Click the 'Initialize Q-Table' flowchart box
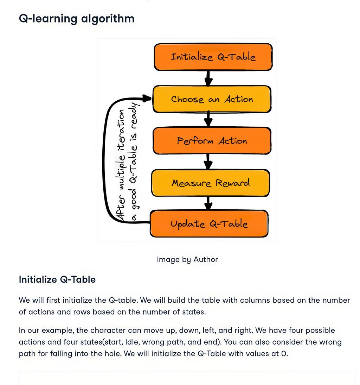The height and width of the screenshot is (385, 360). coord(213,57)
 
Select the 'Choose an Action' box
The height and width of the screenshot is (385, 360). coord(212,99)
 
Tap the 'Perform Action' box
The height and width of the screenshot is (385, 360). coord(212,141)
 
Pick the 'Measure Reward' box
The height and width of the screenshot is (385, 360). coord(211,183)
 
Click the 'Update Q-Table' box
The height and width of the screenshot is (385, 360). coord(209,224)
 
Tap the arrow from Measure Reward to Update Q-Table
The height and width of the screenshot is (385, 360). coord(208,203)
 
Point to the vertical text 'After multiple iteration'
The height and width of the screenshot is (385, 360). coord(121,165)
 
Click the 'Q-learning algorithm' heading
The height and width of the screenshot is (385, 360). coord(77,18)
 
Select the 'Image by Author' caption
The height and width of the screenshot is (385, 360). coord(187,260)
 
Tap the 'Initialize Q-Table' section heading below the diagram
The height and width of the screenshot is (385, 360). coord(57,280)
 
